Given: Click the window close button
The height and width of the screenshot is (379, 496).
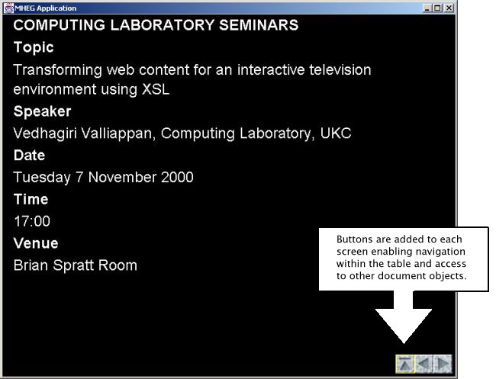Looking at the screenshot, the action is click(x=449, y=8).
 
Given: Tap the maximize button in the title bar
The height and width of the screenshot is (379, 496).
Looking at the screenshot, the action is click(x=438, y=8).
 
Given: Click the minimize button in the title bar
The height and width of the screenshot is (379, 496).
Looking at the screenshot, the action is click(x=427, y=8).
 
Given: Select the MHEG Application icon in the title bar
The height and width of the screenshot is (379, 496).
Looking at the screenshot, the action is click(x=8, y=8).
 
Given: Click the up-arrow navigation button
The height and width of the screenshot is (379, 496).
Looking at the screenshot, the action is click(x=405, y=364).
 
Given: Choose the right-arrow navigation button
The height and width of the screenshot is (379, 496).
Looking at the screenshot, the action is click(x=443, y=364).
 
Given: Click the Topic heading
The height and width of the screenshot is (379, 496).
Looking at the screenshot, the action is click(x=34, y=48).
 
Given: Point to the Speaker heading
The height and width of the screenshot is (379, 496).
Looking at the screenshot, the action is click(x=42, y=111).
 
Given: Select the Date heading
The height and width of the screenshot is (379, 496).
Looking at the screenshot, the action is click(x=29, y=156).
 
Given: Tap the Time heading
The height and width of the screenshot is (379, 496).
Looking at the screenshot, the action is click(x=31, y=199).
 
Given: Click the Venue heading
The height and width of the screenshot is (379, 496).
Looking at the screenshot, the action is click(x=36, y=243).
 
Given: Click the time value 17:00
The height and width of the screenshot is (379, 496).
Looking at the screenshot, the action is click(x=32, y=221).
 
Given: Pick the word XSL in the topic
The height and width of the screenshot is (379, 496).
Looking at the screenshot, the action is click(x=156, y=89).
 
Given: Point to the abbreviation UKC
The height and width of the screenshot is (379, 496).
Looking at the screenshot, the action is click(x=336, y=133).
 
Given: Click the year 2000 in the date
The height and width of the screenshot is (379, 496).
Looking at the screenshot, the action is click(x=177, y=177).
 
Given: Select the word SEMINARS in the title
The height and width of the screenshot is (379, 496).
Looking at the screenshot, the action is click(x=259, y=25).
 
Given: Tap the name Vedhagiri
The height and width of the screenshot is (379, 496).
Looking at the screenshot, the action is click(x=45, y=133).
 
